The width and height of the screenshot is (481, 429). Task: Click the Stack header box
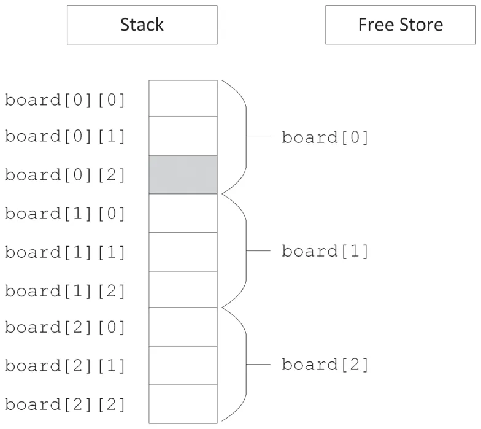142,25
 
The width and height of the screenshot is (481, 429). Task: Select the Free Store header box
400,25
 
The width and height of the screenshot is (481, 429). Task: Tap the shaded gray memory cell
183,174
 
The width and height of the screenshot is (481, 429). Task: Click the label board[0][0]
65,99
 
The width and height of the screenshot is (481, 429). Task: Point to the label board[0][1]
65,136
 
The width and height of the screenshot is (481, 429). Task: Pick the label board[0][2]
65,175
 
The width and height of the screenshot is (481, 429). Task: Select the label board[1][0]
65,214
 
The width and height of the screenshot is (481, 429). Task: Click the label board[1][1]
65,252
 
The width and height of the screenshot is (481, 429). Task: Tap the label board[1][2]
65,290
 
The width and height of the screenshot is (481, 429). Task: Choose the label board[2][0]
65,327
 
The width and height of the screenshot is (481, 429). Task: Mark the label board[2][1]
65,366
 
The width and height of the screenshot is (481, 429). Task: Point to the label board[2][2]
65,404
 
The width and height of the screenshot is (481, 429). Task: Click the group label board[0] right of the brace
325,137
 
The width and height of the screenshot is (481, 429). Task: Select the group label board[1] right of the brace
325,251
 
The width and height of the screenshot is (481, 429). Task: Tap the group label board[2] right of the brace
325,365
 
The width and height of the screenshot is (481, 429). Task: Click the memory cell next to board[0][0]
183,98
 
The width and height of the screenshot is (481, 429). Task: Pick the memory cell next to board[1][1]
183,252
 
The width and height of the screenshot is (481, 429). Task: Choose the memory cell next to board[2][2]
183,404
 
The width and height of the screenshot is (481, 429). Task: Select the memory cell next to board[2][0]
183,327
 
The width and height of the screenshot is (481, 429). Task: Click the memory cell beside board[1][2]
183,289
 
